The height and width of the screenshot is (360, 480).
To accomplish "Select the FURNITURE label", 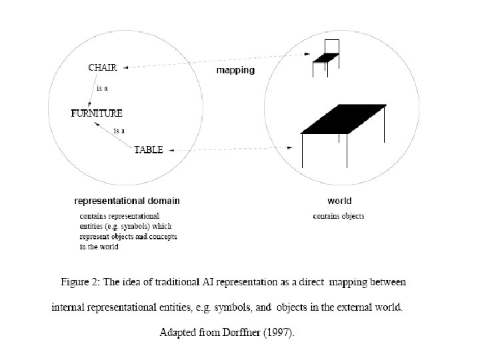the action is click(x=97, y=113).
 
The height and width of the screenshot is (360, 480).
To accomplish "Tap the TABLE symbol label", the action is click(x=148, y=150).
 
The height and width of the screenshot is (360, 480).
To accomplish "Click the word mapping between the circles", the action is click(x=235, y=70).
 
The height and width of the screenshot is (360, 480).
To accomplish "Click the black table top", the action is click(x=344, y=119).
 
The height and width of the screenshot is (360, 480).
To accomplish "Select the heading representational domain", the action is click(x=127, y=200).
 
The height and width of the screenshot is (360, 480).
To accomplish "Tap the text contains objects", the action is click(x=339, y=216).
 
